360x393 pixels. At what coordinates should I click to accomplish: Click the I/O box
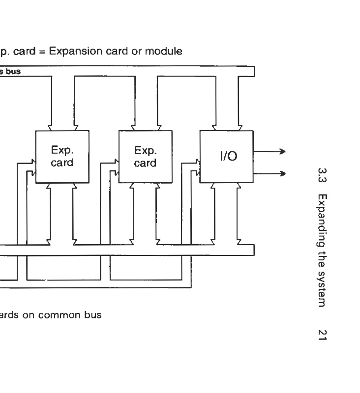coord(226,157)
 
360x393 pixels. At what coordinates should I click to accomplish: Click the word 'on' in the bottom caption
coord(29,315)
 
